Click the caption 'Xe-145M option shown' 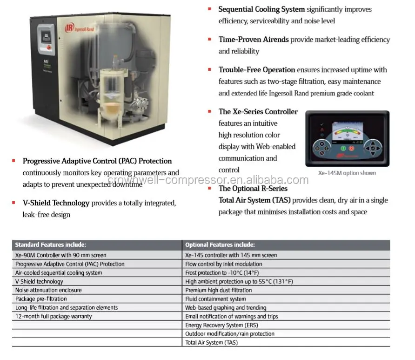[x=347, y=173]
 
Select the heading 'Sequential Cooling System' [x=261, y=9]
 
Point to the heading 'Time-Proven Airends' [x=254, y=40]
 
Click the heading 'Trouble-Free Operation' [x=257, y=70]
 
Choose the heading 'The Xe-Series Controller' [x=258, y=112]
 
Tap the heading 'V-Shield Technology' [x=56, y=203]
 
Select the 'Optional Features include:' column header [x=220, y=245]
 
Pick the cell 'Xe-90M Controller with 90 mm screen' [x=60, y=255]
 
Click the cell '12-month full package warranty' [x=54, y=316]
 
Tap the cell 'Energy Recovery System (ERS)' [x=221, y=325]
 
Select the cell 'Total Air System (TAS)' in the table [x=211, y=342]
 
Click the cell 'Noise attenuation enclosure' [x=48, y=290]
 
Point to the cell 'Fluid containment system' [x=215, y=299]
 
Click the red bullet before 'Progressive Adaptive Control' [x=14, y=161]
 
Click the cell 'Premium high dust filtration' [x=219, y=290]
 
